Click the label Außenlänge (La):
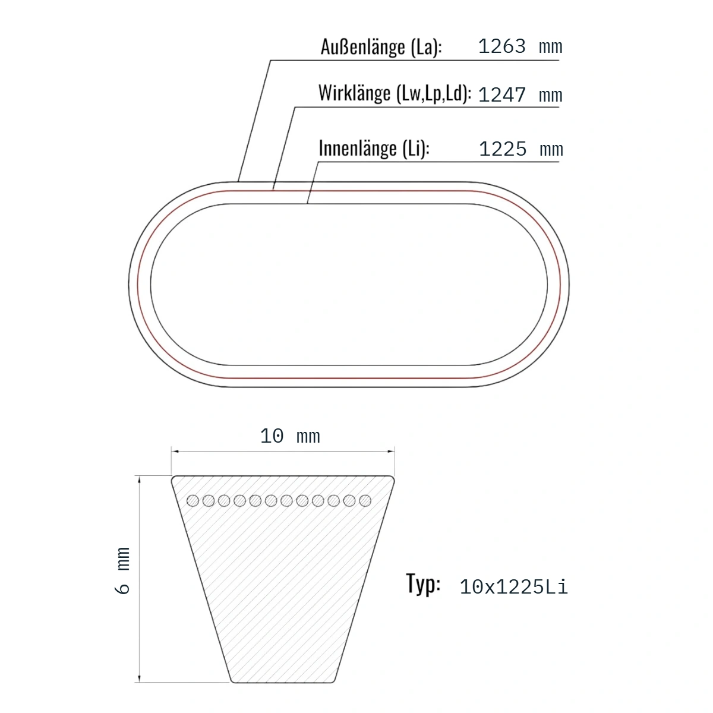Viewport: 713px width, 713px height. (381, 48)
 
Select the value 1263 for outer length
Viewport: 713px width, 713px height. (501, 46)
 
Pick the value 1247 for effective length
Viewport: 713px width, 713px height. (501, 94)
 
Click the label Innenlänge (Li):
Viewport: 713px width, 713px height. (374, 149)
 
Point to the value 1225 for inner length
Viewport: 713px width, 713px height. (503, 149)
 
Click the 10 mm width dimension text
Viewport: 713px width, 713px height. (290, 436)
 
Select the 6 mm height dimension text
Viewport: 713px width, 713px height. (122, 570)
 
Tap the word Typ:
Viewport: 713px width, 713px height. (423, 584)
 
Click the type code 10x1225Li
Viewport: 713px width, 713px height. (513, 587)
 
